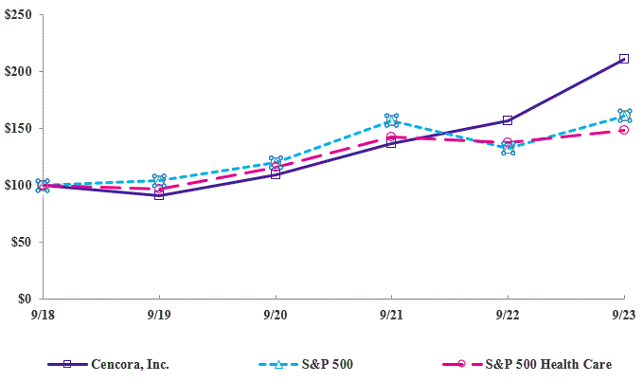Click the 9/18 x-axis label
[42, 314]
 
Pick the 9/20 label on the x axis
[275, 314]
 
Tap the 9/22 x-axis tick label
[508, 314]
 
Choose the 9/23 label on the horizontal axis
[623, 314]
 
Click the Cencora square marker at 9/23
[624, 59]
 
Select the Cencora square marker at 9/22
[508, 120]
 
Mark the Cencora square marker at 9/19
[159, 195]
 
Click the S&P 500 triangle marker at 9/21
[391, 120]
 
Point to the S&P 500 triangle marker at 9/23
[624, 116]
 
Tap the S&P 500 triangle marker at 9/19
[159, 180]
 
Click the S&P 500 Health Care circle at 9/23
[624, 130]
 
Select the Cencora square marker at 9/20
[275, 174]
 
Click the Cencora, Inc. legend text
[131, 364]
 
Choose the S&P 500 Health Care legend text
[548, 364]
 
